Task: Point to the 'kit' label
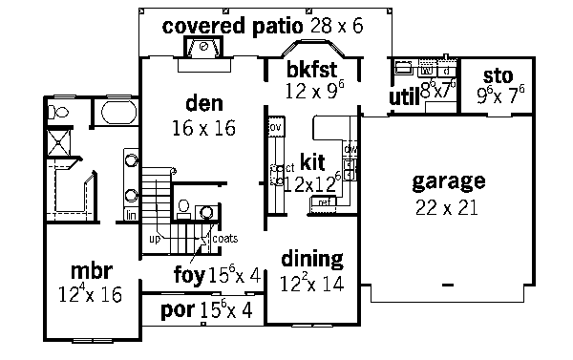tap(313, 159)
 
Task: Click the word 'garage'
tap(448, 180)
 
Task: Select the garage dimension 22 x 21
tap(449, 207)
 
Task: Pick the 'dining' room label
tap(311, 259)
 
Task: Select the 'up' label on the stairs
tap(153, 238)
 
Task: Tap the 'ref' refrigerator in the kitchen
tap(325, 201)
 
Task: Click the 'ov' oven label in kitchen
tap(274, 127)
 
